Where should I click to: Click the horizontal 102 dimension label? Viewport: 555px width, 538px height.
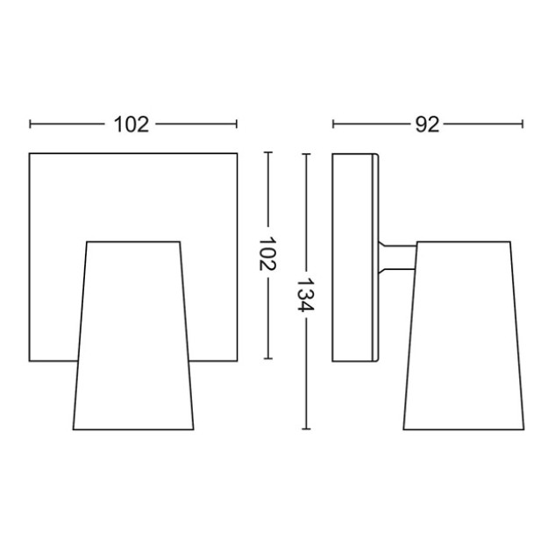coord(132,124)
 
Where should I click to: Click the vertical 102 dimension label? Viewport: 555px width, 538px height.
coord(267,253)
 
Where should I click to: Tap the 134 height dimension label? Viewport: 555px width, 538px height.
coord(305,294)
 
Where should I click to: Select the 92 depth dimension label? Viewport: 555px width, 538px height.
coord(427,124)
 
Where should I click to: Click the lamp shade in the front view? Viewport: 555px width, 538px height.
coord(133,336)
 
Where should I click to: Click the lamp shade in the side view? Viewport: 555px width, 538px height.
coord(464,336)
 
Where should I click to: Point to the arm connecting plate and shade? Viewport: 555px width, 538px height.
coord(397,257)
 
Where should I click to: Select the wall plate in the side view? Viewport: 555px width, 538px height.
coord(355,257)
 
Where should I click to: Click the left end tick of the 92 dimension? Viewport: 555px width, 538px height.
coord(333,124)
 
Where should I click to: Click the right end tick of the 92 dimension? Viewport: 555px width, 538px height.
coord(523,124)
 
